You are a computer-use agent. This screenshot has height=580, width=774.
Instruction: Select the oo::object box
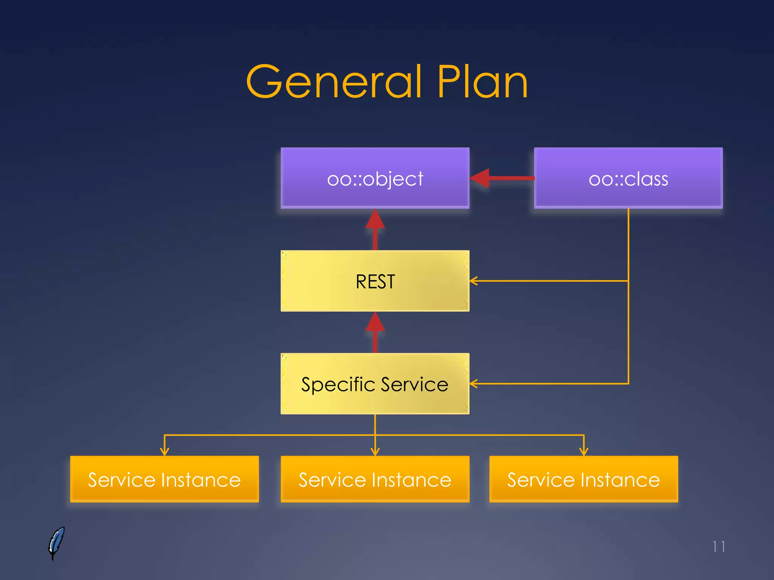[375, 178]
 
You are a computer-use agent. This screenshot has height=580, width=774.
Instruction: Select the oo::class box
[628, 178]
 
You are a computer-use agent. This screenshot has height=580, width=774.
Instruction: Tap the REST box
[375, 281]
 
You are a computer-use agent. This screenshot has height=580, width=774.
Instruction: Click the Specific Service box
[375, 384]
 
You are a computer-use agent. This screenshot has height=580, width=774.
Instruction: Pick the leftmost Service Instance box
[164, 479]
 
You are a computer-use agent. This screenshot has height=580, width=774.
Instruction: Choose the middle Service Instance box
[375, 479]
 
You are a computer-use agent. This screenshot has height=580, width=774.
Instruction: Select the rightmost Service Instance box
[584, 479]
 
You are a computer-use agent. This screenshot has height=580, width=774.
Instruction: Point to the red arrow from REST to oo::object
[375, 229]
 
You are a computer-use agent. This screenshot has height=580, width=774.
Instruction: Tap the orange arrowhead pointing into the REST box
[474, 281]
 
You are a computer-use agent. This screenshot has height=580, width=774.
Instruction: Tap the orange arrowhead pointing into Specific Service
[474, 384]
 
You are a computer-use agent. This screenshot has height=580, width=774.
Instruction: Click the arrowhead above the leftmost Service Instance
[164, 452]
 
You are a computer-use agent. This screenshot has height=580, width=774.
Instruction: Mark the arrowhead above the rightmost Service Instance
[584, 452]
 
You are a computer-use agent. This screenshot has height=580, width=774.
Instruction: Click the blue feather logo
[56, 543]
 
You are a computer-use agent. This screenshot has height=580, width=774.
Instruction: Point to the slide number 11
[718, 547]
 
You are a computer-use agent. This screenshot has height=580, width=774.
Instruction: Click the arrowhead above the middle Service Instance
[375, 452]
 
